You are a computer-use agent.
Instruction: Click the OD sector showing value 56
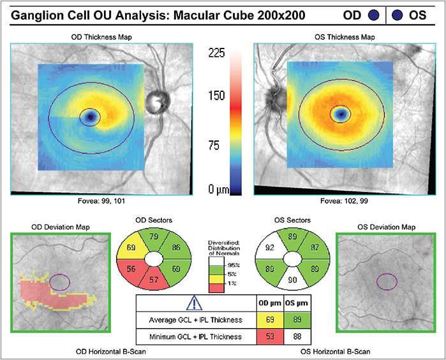(x=131, y=271)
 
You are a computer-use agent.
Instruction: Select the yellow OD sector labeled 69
(x=131, y=246)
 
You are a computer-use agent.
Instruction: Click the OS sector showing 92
(x=270, y=246)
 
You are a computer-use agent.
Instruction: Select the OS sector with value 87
(x=315, y=246)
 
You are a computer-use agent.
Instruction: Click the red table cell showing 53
(x=270, y=336)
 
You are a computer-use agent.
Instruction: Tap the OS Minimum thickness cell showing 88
(x=297, y=336)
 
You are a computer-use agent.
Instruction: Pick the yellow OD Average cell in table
(x=270, y=320)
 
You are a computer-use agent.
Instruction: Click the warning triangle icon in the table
(x=194, y=303)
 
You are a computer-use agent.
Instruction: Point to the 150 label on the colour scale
(x=216, y=96)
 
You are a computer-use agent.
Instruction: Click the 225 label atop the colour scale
(x=216, y=53)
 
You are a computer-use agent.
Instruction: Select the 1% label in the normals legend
(x=232, y=283)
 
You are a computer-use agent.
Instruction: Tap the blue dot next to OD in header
(x=374, y=15)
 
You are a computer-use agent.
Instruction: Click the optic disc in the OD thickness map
(x=158, y=102)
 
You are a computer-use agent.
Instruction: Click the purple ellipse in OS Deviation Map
(x=387, y=281)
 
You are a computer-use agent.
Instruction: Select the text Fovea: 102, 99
(x=344, y=201)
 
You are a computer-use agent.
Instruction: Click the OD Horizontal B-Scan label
(x=110, y=352)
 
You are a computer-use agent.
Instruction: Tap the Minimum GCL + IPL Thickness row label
(x=195, y=336)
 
